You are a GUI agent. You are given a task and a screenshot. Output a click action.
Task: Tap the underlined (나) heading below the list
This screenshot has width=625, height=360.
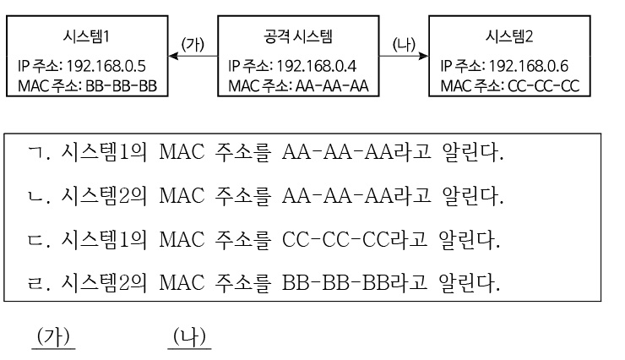(x=188, y=336)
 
